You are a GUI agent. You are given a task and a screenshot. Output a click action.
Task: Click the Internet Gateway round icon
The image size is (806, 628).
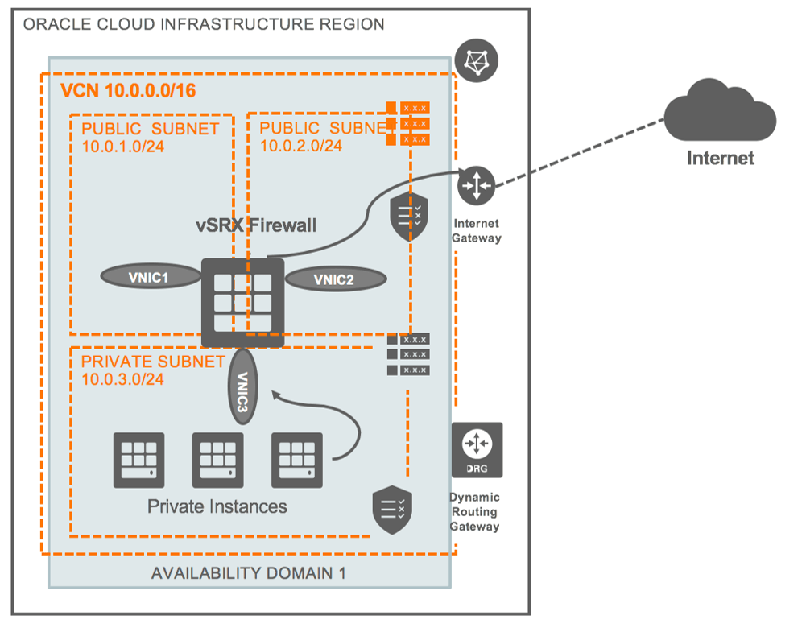[475, 186]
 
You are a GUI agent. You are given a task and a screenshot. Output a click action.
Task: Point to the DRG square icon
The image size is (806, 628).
[477, 449]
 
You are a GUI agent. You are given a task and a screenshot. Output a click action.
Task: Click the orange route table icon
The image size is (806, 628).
[407, 123]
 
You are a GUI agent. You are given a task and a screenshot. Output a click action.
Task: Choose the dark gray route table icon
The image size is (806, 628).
[407, 354]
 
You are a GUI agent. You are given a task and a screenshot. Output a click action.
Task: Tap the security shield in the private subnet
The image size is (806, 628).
[391, 510]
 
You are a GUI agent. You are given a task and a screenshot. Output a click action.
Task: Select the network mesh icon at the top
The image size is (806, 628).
[477, 60]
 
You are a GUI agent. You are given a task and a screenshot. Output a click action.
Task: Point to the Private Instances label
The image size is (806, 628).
[217, 506]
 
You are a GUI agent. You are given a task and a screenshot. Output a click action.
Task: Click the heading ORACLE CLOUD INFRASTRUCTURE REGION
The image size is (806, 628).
[204, 24]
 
